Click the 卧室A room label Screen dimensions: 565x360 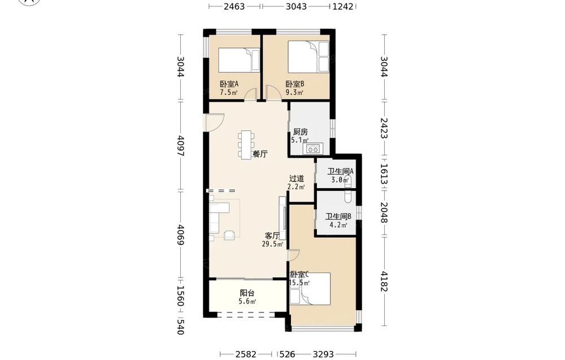click(x=229, y=84)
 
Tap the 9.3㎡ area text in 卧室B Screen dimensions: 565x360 click(x=294, y=93)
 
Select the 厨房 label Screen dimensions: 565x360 click(x=300, y=132)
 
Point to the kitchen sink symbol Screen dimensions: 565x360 click(x=312, y=149)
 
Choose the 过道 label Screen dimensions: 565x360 click(x=297, y=179)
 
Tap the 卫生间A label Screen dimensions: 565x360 click(x=340, y=172)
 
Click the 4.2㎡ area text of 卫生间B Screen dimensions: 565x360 click(x=338, y=225)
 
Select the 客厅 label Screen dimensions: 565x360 click(x=272, y=236)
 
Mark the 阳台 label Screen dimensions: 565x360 click(x=247, y=293)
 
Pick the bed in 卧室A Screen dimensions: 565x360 click(x=239, y=60)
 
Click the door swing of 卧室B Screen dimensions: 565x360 click(x=273, y=93)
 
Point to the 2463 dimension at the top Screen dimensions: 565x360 click(x=234, y=6)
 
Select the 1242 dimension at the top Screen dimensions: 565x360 click(x=343, y=6)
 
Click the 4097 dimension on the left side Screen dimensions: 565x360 click(x=181, y=146)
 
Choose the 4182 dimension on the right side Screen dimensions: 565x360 click(x=384, y=281)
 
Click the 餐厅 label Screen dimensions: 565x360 click(x=260, y=154)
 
